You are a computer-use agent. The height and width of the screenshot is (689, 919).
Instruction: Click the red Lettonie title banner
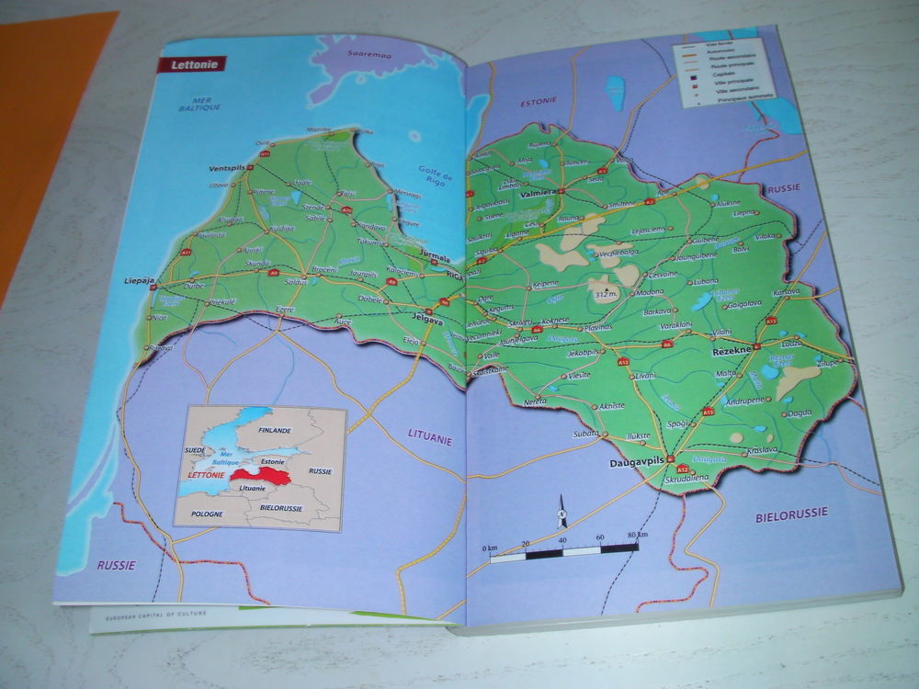pos(191,65)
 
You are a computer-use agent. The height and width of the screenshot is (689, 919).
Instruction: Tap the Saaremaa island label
pos(360,54)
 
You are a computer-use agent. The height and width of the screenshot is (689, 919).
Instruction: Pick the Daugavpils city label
pos(637,463)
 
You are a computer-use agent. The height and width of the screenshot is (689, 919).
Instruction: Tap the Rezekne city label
pos(732,352)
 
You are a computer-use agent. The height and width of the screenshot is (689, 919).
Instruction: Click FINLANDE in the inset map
pos(274,430)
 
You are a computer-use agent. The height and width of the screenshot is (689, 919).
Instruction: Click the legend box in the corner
pos(722,71)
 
